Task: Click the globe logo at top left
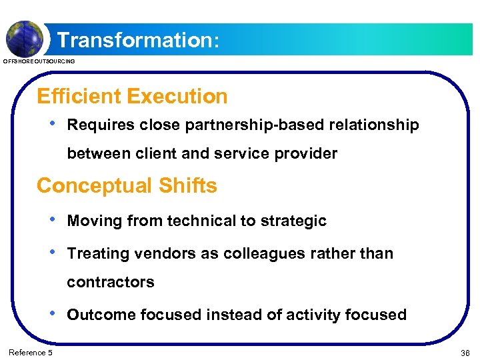point(25,37)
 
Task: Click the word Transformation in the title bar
point(133,40)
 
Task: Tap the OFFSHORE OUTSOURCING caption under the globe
point(40,61)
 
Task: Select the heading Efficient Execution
point(132,97)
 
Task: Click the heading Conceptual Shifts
point(127,185)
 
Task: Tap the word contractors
point(111,282)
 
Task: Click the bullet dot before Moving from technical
point(53,220)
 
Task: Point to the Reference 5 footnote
point(31,352)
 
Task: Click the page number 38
point(465,353)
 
